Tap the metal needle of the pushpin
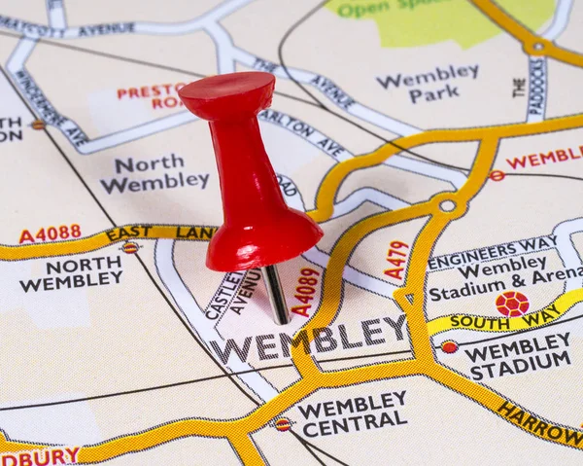(276, 294)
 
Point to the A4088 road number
(50, 233)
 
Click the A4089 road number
(305, 292)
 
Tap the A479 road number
(395, 260)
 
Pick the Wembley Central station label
(352, 412)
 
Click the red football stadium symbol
(511, 305)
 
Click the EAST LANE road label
(159, 233)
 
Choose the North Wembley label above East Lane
(154, 172)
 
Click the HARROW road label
(539, 423)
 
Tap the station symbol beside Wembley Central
(283, 423)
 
